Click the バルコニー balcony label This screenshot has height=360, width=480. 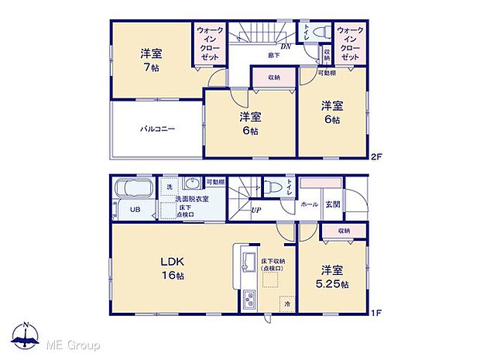click(157, 129)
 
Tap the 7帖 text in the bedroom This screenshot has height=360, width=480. click(151, 67)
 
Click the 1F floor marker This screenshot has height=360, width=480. click(376, 312)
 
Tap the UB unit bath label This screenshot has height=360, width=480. click(134, 209)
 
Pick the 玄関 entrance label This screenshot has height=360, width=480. click(332, 204)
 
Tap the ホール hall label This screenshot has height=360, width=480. click(309, 204)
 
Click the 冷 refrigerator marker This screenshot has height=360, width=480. click(286, 303)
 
